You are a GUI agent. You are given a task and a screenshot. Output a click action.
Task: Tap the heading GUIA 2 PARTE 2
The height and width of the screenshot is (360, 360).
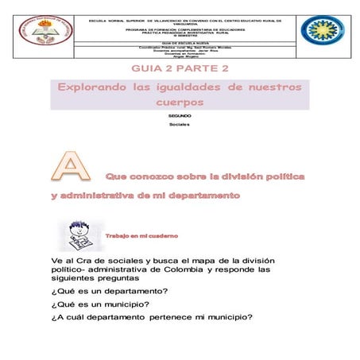180,69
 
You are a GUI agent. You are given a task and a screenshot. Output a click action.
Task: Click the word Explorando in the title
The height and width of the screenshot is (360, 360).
93,88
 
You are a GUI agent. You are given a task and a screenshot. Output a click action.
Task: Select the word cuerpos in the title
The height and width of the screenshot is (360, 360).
180,103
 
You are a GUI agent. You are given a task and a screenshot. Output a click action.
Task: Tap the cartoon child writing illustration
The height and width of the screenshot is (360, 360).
79,235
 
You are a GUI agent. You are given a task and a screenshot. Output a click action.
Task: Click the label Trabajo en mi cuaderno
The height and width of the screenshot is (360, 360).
141,236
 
